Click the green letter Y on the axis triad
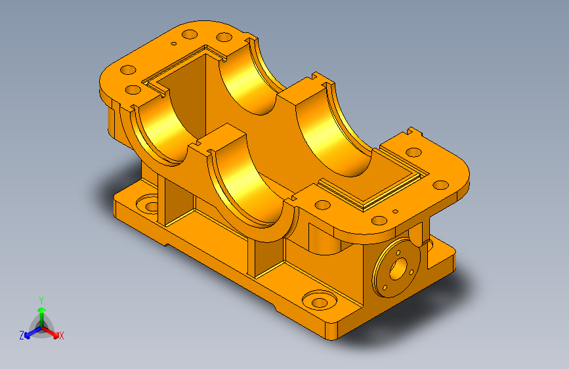[x=41, y=301]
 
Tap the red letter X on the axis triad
[x=61, y=336]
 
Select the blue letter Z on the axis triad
[x=22, y=336]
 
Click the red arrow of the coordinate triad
[x=51, y=332]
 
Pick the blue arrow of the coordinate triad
[x=33, y=332]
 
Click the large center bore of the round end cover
[x=398, y=269]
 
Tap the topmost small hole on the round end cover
[x=398, y=252]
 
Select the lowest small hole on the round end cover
[x=385, y=288]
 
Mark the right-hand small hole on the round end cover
[x=411, y=272]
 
